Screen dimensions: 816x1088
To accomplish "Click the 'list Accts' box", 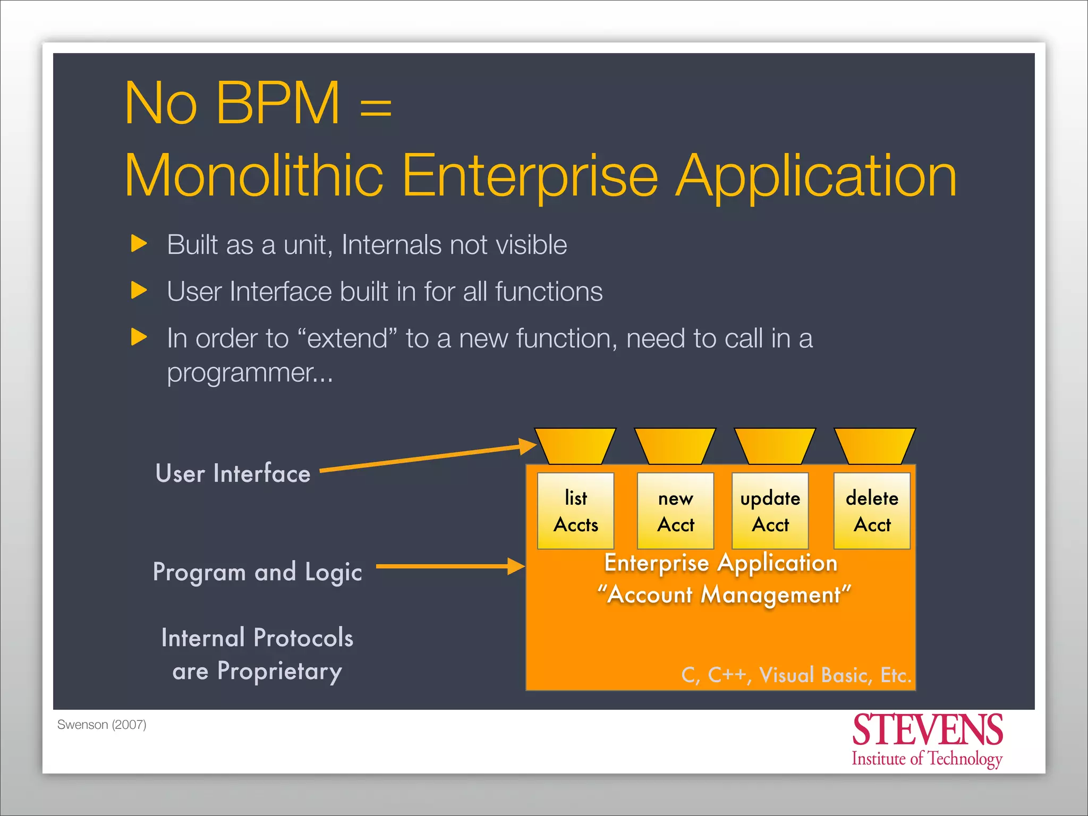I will click(576, 511).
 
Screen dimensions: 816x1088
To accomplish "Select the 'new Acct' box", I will click(676, 511).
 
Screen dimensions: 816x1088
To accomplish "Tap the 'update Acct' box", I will click(770, 511).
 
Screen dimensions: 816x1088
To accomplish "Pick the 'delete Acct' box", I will click(872, 511).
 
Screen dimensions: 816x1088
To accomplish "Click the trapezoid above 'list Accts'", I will click(575, 446).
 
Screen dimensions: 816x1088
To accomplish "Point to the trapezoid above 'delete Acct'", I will click(875, 446).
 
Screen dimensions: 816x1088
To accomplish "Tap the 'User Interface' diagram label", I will click(233, 473).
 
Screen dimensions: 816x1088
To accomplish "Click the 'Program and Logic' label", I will click(258, 572).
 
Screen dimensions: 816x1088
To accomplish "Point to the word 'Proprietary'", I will click(279, 671).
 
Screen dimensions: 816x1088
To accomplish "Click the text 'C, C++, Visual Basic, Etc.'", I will click(796, 675).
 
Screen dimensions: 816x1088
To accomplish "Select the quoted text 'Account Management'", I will click(724, 594).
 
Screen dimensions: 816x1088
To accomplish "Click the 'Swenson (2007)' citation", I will click(101, 725).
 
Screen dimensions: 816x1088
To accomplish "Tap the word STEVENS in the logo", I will click(928, 730).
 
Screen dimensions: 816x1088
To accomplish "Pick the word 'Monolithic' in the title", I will click(254, 175).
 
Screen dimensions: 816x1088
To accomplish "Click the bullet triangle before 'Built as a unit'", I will click(139, 244).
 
